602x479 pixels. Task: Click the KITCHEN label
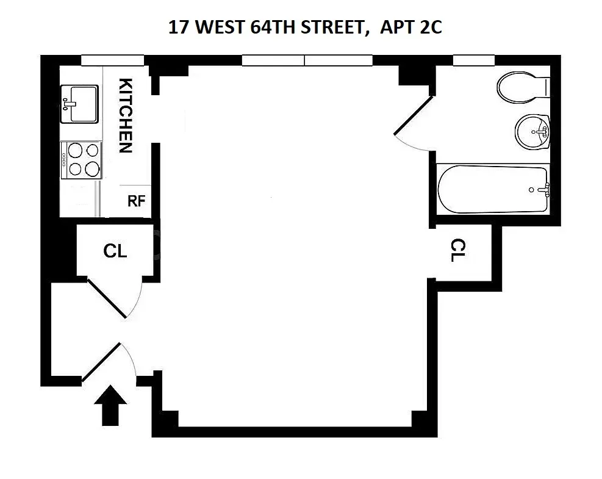[125, 115]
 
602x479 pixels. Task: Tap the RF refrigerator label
[136, 201]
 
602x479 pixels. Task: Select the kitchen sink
[79, 104]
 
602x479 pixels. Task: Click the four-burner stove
[81, 159]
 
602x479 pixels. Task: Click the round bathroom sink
[532, 131]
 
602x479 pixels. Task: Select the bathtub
[493, 190]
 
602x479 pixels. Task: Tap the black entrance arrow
[111, 405]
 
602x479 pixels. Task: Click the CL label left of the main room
[115, 251]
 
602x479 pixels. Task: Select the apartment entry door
[101, 361]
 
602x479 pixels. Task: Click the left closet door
[107, 298]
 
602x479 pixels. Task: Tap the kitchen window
[113, 60]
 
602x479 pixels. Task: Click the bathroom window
[473, 60]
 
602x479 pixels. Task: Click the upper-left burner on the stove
[74, 150]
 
